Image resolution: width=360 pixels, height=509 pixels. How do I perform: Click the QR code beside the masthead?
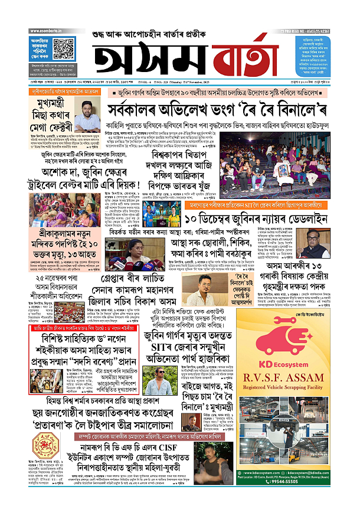(61, 45)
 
